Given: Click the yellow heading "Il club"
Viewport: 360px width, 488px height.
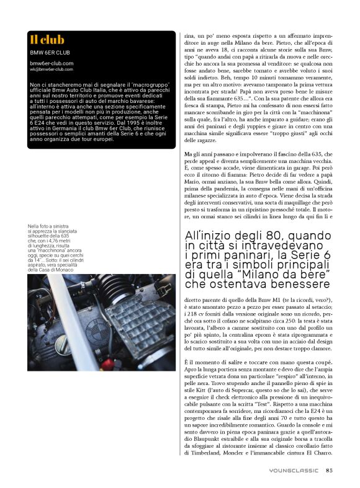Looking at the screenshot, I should (47, 40).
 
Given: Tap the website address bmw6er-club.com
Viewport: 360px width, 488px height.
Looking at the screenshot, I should (52, 63).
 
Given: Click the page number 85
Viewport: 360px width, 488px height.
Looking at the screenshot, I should (329, 470).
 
